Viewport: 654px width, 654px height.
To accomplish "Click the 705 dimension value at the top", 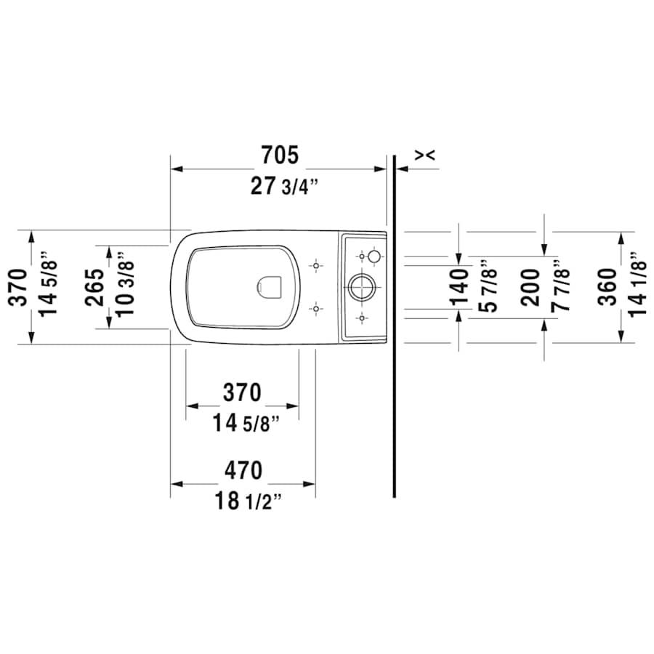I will point(279,154).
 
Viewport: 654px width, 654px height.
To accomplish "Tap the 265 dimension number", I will point(94,287).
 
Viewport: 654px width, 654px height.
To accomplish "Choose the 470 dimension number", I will point(243,470).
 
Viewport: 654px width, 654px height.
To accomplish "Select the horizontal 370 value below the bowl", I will point(241,392).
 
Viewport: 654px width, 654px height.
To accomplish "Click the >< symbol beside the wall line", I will point(425,154).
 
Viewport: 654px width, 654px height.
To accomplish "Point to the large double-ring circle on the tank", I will point(361,287).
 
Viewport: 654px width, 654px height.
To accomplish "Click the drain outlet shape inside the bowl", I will point(269,286).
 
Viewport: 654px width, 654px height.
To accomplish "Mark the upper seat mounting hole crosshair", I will point(315,266).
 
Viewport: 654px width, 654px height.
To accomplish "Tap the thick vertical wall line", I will point(394,327).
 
